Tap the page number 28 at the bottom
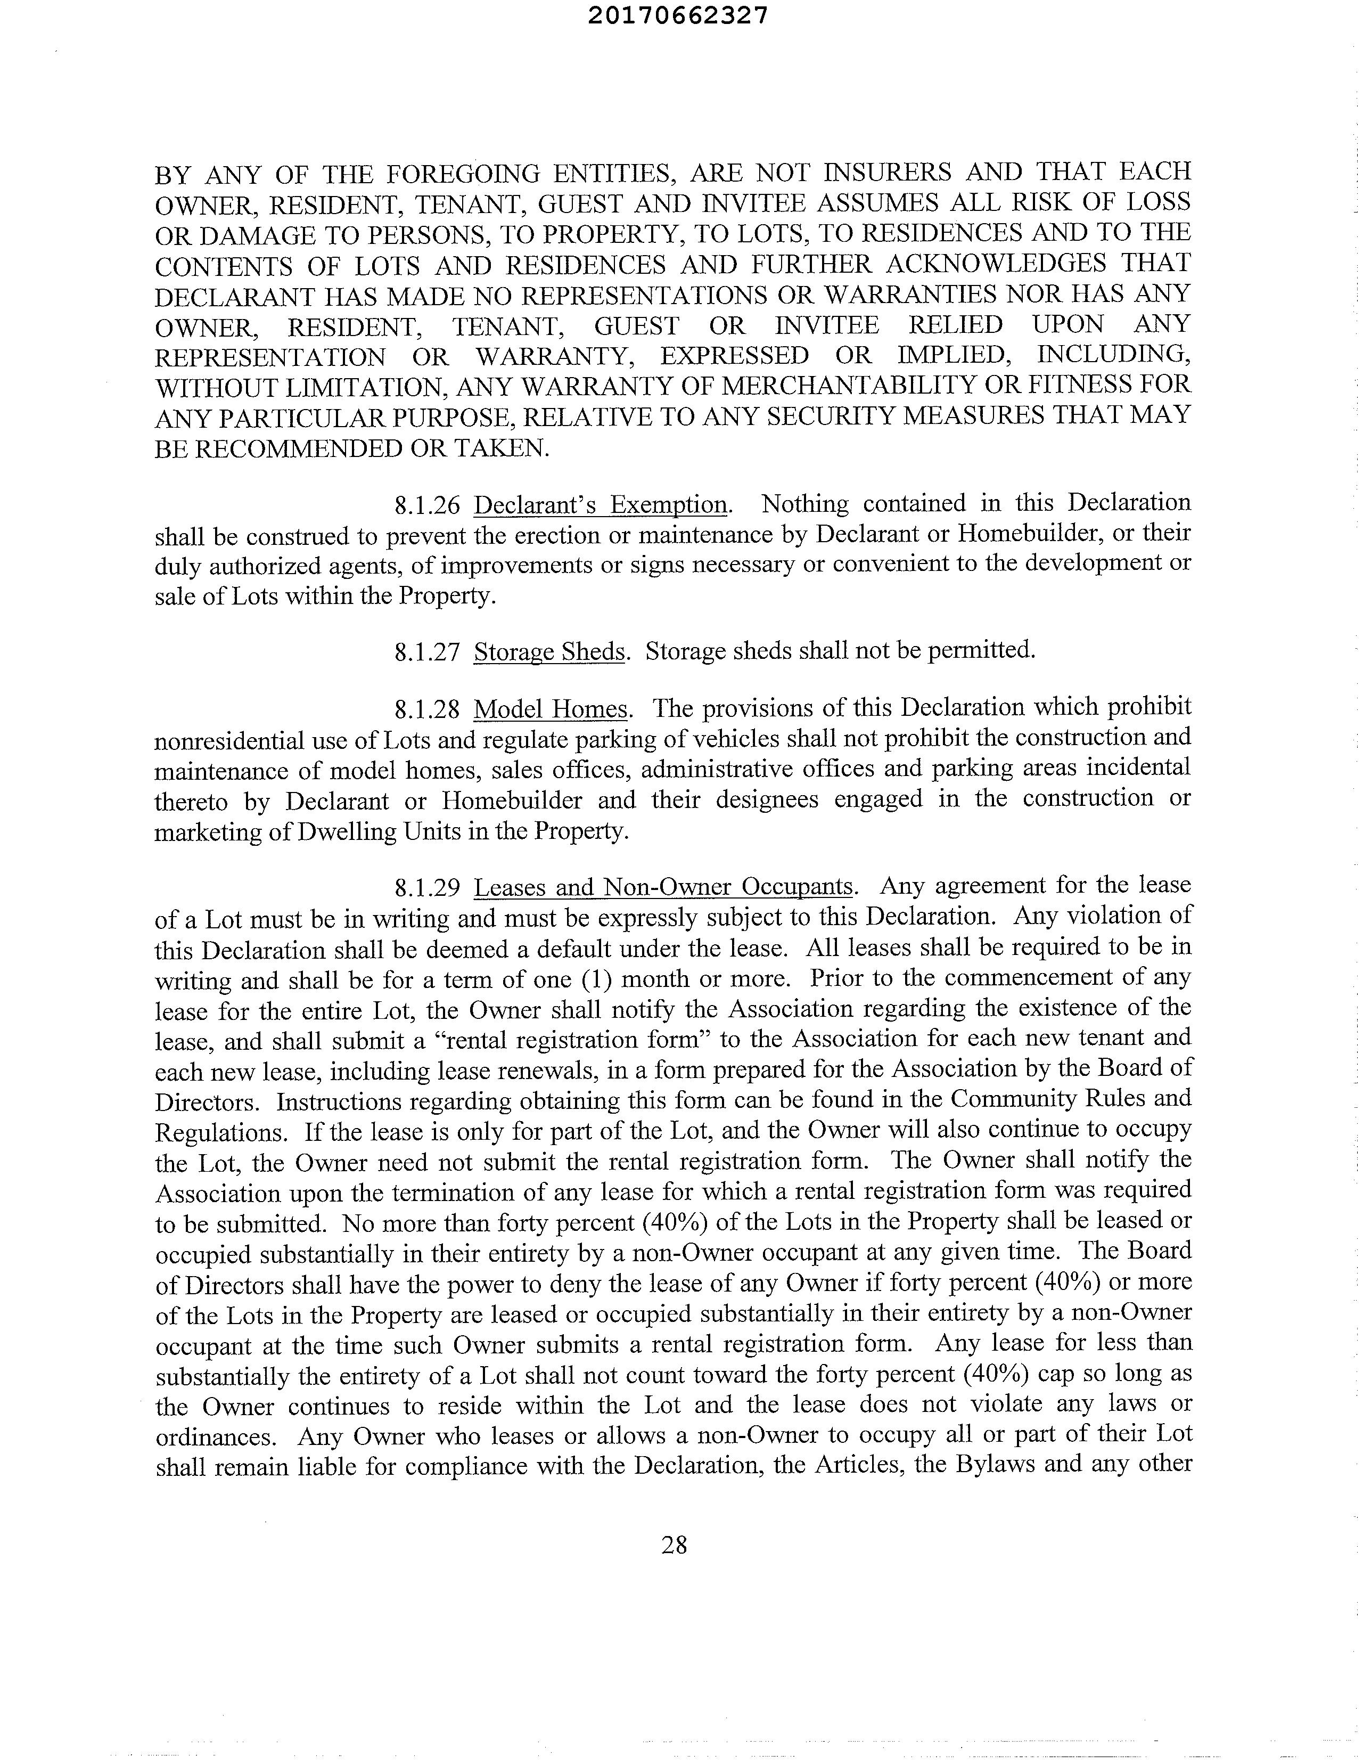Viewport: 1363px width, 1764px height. (x=674, y=1545)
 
